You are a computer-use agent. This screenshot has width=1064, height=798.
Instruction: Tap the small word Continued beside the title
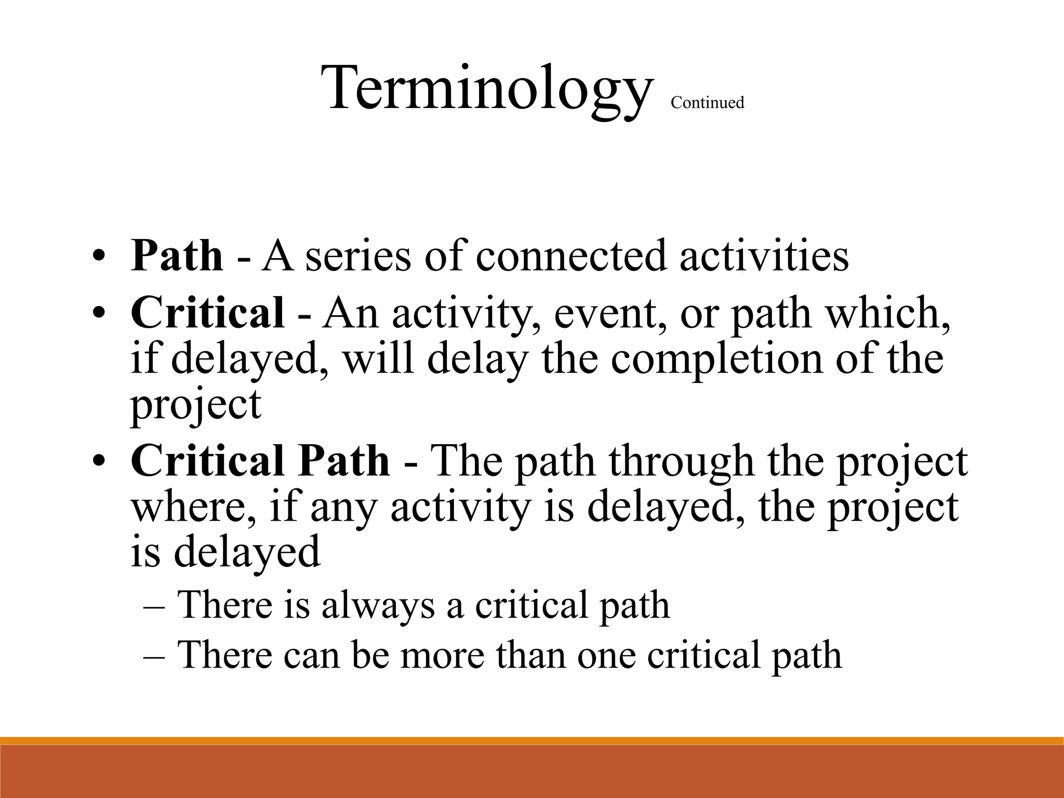707,102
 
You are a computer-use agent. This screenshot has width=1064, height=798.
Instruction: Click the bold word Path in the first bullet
177,256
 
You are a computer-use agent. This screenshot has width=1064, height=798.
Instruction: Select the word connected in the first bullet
570,256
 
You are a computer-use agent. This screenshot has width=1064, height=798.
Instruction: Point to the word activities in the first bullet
764,256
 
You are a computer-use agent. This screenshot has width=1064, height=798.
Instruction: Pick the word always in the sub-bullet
378,605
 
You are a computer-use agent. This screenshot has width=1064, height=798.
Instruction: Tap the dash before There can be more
154,656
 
